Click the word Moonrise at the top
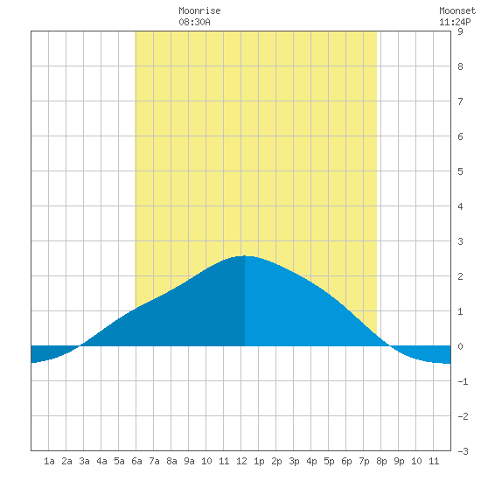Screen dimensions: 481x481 (199, 10)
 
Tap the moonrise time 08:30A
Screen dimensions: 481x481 (194, 22)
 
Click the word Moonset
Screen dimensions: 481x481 (457, 10)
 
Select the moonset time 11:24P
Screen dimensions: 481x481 (455, 22)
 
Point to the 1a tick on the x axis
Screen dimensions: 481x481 (49, 461)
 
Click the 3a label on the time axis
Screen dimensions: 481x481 (84, 461)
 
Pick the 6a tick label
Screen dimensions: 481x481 (136, 461)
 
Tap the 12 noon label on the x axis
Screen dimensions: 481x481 (241, 461)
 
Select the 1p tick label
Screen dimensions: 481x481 (259, 461)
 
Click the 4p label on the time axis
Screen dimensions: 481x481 (311, 461)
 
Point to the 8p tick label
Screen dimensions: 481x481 (381, 461)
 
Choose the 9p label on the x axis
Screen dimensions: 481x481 (399, 461)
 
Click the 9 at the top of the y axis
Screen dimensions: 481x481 (460, 31)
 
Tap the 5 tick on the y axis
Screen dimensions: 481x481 (460, 171)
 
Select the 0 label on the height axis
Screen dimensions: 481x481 (460, 346)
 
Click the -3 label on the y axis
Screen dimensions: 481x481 (463, 451)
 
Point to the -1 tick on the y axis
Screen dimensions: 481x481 (463, 381)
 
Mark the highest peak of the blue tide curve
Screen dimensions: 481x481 (245, 255)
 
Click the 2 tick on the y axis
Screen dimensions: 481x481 (460, 276)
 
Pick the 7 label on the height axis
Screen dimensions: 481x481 (460, 101)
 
